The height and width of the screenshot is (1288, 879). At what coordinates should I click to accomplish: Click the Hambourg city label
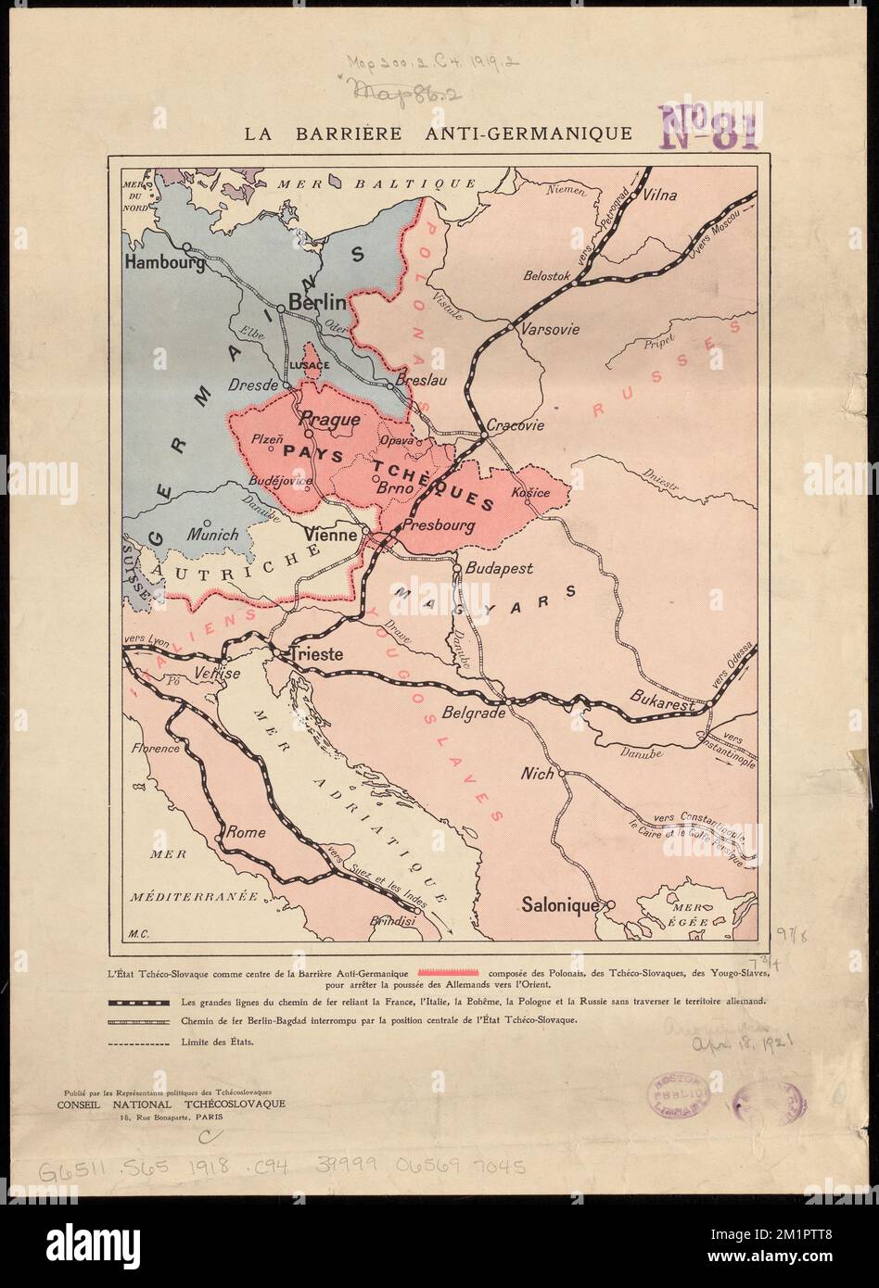tap(164, 263)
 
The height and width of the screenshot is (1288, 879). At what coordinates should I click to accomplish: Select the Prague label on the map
tap(331, 420)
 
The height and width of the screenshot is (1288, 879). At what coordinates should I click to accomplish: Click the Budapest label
tap(497, 569)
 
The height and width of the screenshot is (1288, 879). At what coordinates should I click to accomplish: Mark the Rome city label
tap(247, 832)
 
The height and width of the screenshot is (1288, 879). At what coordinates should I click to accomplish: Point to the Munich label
tap(213, 535)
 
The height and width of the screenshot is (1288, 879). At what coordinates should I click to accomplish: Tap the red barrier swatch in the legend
tap(450, 972)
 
